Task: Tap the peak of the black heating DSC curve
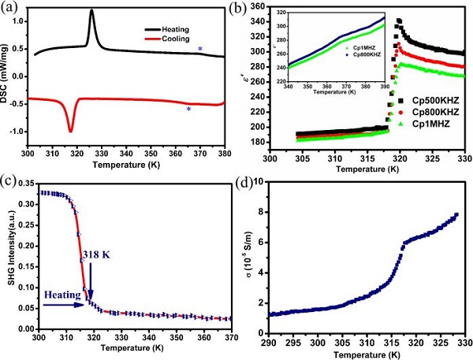(x=92, y=11)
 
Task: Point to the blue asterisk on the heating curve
(x=200, y=50)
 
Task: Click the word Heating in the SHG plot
(x=23, y=295)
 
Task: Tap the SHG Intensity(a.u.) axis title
(x=6, y=256)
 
